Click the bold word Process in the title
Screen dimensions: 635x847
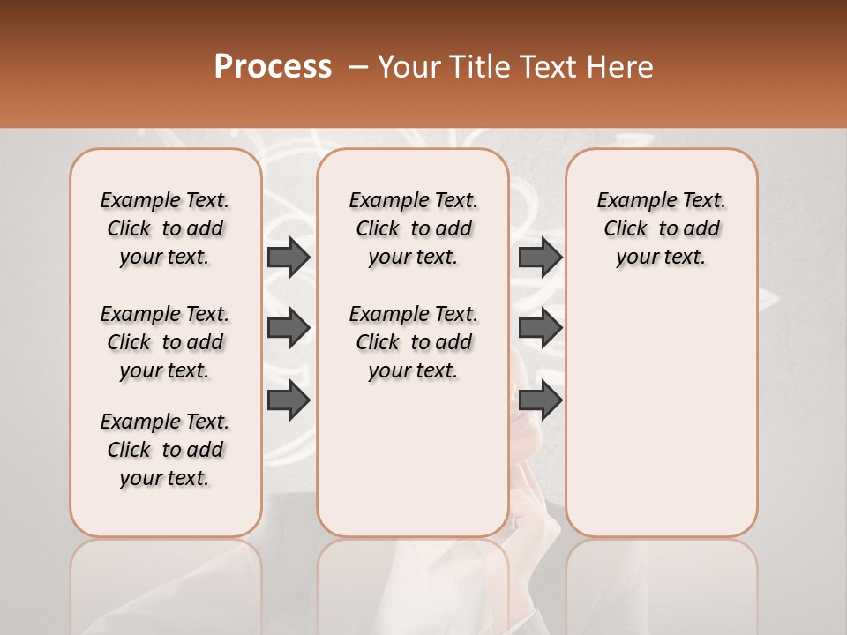pyautogui.click(x=273, y=67)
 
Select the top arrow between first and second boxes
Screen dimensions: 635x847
pyautogui.click(x=289, y=257)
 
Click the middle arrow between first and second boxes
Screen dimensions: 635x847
pyautogui.click(x=289, y=328)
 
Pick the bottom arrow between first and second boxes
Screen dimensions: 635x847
pyautogui.click(x=289, y=400)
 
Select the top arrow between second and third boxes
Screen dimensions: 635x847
pyautogui.click(x=540, y=257)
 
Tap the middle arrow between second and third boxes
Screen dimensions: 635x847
pyautogui.click(x=540, y=328)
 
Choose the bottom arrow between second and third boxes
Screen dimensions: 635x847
pyautogui.click(x=540, y=400)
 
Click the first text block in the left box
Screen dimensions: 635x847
pyautogui.click(x=165, y=228)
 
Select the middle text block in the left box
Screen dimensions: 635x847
pyautogui.click(x=165, y=342)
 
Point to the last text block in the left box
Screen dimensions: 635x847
pyautogui.click(x=165, y=450)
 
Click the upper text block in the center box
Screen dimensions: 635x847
pyautogui.click(x=413, y=228)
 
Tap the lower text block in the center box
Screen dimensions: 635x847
pyautogui.click(x=413, y=342)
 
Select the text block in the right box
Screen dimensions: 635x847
pyautogui.click(x=662, y=228)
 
